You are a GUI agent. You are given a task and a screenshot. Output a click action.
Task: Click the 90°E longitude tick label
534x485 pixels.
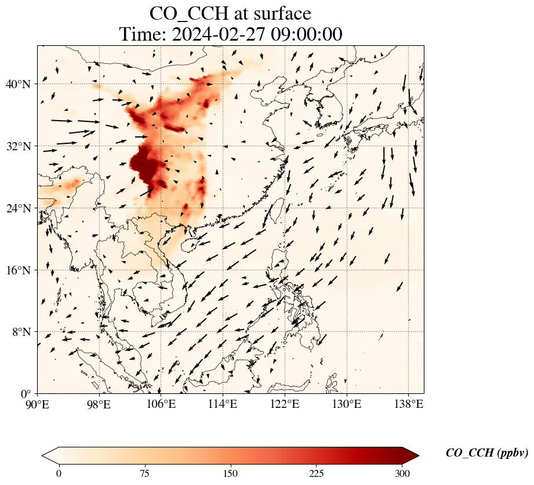coord(38,404)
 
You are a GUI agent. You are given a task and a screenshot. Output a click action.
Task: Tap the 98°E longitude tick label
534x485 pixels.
coord(99,404)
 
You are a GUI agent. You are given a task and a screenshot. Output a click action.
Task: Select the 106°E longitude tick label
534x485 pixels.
coord(161,404)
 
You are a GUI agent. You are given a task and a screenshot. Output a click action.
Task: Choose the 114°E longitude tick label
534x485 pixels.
coord(223,404)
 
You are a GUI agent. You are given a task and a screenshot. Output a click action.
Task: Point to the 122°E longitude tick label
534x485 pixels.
coord(285,404)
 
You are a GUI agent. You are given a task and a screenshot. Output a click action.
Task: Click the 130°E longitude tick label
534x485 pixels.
coord(346,404)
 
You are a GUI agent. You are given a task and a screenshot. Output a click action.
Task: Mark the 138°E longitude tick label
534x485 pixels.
coord(408,404)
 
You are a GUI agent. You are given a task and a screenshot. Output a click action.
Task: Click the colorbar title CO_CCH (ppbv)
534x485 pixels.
coord(486,453)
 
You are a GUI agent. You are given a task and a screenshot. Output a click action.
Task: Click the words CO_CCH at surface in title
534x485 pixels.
coord(230,13)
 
